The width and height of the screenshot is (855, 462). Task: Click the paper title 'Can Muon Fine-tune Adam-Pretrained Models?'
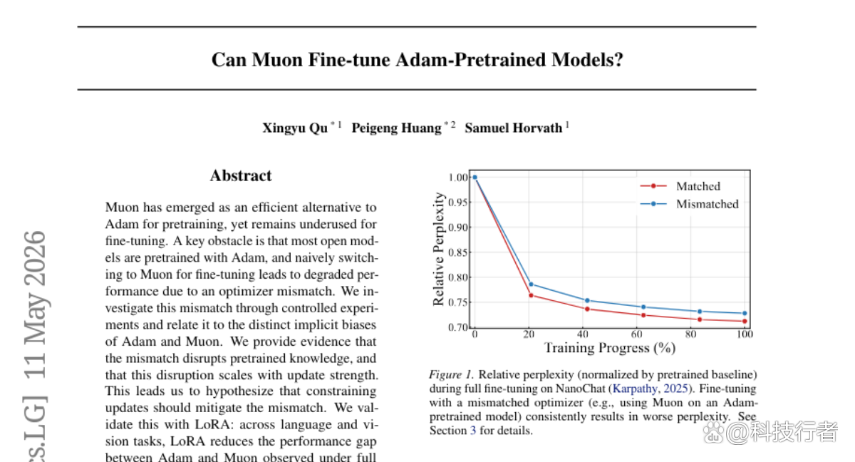(x=418, y=60)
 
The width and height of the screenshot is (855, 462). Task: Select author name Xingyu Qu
(x=295, y=128)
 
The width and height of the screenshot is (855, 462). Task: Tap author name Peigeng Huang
(x=397, y=128)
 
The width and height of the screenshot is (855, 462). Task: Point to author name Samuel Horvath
(x=514, y=128)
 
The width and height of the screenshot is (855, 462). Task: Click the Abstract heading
(x=241, y=175)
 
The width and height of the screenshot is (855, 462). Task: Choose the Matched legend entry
(x=680, y=186)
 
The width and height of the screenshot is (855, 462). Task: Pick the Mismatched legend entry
(x=690, y=204)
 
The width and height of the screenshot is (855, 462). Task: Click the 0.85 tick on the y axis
(x=457, y=252)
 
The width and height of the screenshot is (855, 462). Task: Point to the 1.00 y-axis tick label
(x=457, y=178)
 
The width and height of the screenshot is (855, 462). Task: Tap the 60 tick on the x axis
(x=636, y=334)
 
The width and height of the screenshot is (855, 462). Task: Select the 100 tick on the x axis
(x=745, y=334)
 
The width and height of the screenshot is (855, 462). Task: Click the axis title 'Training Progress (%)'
(x=610, y=348)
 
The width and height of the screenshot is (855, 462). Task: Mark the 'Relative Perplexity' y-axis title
(x=439, y=249)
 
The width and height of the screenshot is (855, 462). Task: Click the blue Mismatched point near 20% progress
(x=531, y=284)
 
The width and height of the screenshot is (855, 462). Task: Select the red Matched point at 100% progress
(x=745, y=321)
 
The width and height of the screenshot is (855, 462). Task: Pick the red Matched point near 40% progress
(x=587, y=309)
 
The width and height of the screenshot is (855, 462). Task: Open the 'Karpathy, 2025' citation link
(x=650, y=389)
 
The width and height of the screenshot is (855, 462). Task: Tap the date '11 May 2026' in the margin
(x=35, y=304)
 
